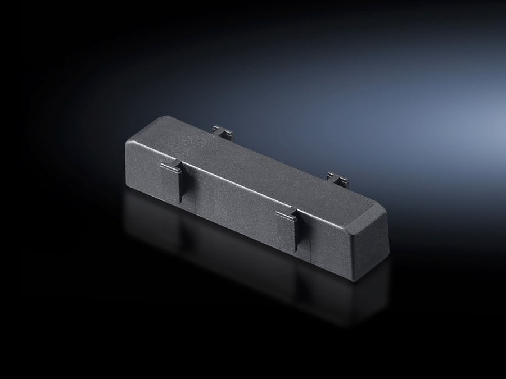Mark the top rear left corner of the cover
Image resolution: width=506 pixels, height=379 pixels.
pos(164,116)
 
